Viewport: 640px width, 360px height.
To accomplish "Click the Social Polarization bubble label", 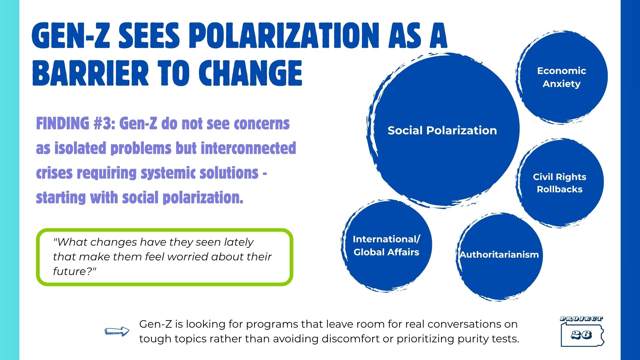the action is (x=442, y=130).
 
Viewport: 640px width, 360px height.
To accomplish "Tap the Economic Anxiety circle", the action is (x=562, y=77).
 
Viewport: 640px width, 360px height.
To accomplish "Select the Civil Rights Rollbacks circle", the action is (x=560, y=183).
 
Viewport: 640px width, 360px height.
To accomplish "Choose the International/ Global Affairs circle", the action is (x=386, y=246).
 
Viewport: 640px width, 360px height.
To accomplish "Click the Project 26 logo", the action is (x=582, y=331).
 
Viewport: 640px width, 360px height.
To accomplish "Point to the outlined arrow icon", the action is (x=117, y=331).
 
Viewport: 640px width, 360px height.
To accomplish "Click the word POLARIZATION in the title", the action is (x=284, y=36).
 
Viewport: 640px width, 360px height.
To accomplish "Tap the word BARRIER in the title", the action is (x=90, y=73).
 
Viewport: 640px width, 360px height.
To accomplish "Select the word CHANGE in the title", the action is (x=250, y=73).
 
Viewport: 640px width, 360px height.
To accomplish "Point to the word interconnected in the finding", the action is (x=248, y=148).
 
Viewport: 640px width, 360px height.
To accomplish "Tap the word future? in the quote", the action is (x=75, y=271).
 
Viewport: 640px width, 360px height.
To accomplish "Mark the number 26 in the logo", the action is (x=581, y=335).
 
